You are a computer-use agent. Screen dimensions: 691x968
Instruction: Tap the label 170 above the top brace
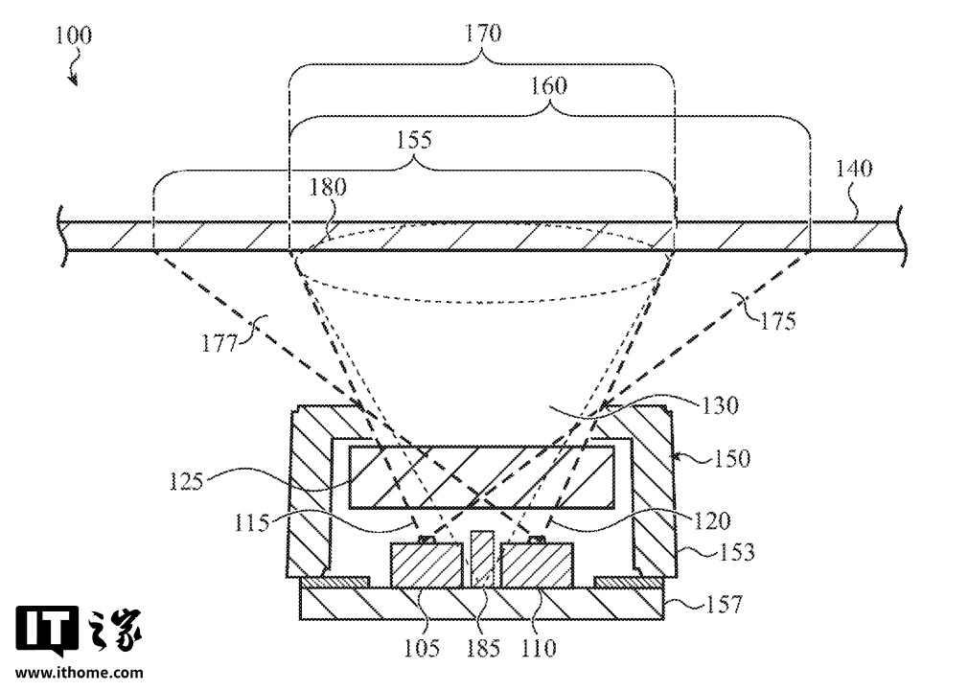tap(482, 35)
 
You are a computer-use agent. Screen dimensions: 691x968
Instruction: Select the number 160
tap(548, 86)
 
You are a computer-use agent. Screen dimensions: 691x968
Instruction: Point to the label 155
tap(413, 139)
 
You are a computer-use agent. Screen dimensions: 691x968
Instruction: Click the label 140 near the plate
tap(854, 170)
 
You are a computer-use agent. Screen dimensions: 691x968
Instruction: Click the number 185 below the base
tap(482, 648)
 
